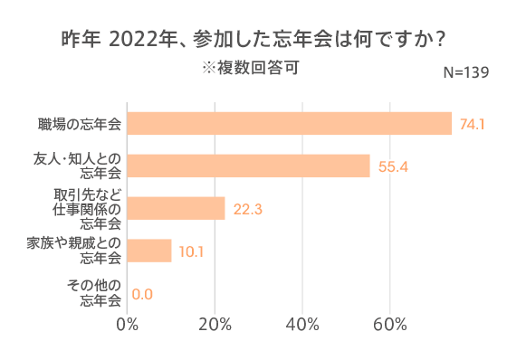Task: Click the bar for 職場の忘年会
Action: pyautogui.click(x=289, y=123)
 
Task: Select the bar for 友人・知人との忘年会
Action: pyautogui.click(x=248, y=166)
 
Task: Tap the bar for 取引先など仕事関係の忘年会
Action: pyautogui.click(x=176, y=209)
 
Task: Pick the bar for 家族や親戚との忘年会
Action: pyautogui.click(x=149, y=251)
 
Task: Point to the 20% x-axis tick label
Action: pyautogui.click(x=215, y=325)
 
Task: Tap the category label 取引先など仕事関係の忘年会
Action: pyautogui.click(x=87, y=209)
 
